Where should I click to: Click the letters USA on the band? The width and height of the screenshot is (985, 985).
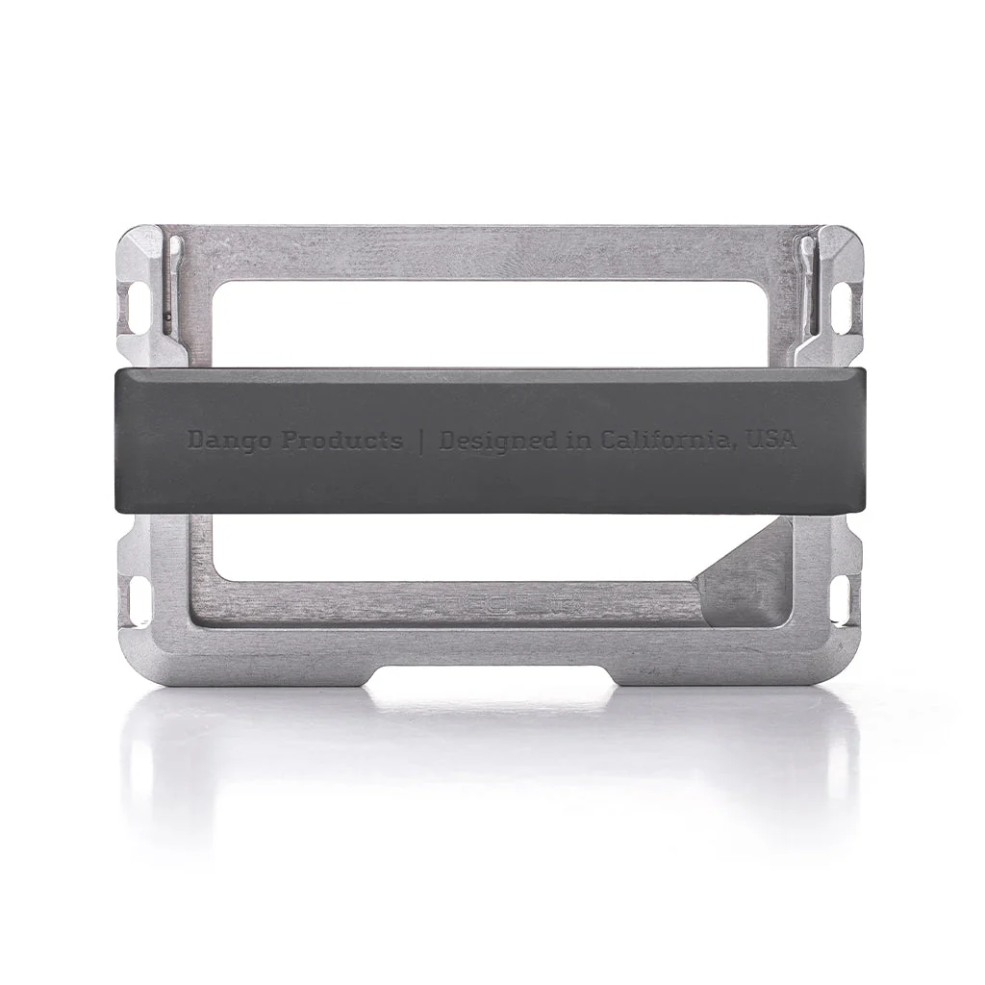pos(771,440)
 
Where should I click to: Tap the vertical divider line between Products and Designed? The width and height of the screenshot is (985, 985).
pos(420,442)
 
